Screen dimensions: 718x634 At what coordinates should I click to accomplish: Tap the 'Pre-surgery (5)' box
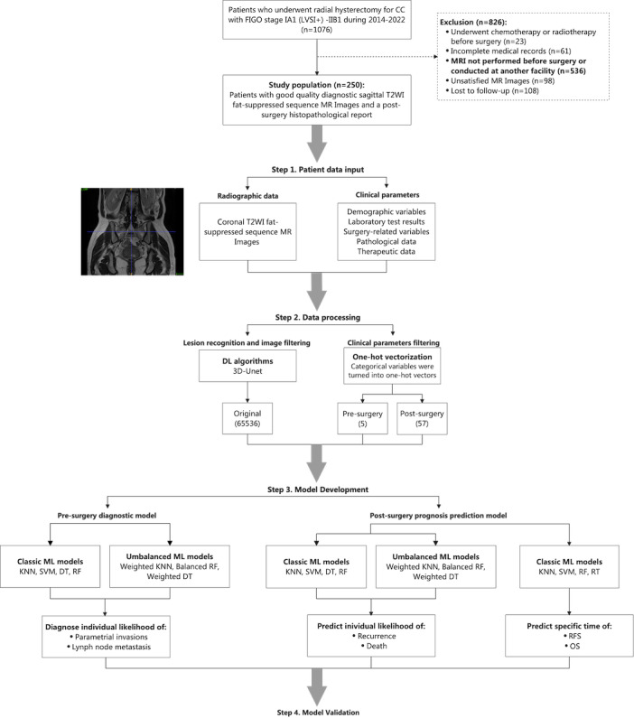pyautogui.click(x=362, y=419)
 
